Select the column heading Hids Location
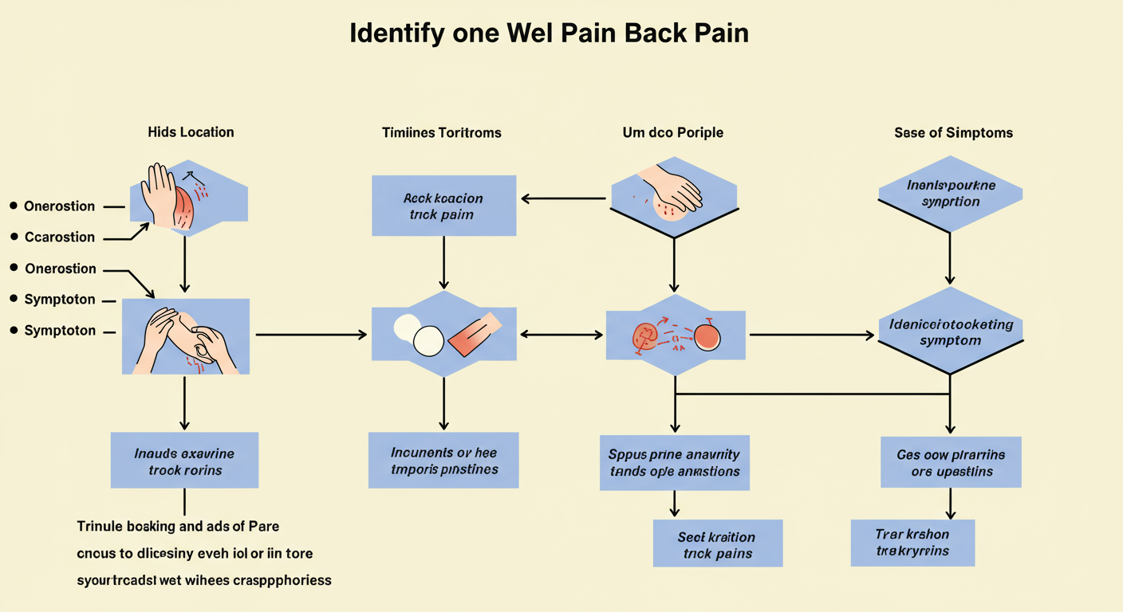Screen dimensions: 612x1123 click(191, 132)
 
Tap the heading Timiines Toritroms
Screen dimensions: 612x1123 click(442, 132)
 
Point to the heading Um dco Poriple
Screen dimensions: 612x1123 click(672, 132)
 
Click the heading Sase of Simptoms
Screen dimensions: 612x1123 click(953, 132)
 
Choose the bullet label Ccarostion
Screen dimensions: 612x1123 click(59, 237)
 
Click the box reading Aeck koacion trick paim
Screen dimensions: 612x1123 click(443, 206)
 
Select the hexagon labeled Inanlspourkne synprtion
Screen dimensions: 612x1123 click(951, 194)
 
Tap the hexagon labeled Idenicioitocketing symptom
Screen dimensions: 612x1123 click(950, 332)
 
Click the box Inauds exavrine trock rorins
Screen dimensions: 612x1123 click(184, 461)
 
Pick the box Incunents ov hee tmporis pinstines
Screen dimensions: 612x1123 click(443, 461)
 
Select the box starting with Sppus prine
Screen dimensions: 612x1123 click(674, 462)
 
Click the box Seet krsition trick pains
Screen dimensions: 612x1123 click(717, 544)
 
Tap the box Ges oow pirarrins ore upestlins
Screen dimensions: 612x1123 click(951, 462)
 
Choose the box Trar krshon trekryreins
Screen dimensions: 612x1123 click(912, 543)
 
